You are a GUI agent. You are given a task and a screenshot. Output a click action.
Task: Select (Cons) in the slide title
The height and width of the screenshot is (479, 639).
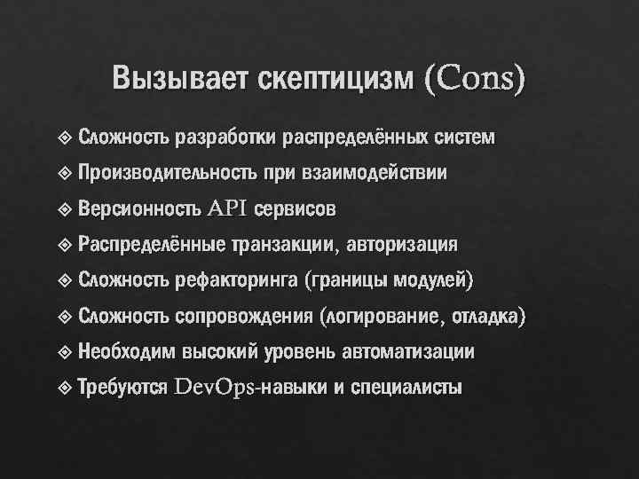tap(476, 79)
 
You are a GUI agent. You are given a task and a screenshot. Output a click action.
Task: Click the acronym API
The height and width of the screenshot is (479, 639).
tap(229, 209)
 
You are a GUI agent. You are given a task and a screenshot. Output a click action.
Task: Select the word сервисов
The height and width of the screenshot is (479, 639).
tap(296, 209)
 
